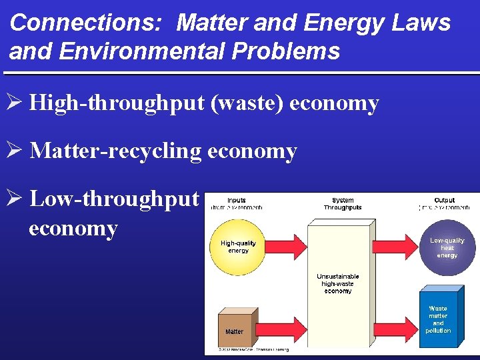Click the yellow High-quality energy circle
237,247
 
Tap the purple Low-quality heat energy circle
447,247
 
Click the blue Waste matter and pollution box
439,319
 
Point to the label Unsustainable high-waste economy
338,283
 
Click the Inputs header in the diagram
236,201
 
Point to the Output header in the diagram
444,201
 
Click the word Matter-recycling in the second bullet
115,151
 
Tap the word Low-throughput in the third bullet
115,199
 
